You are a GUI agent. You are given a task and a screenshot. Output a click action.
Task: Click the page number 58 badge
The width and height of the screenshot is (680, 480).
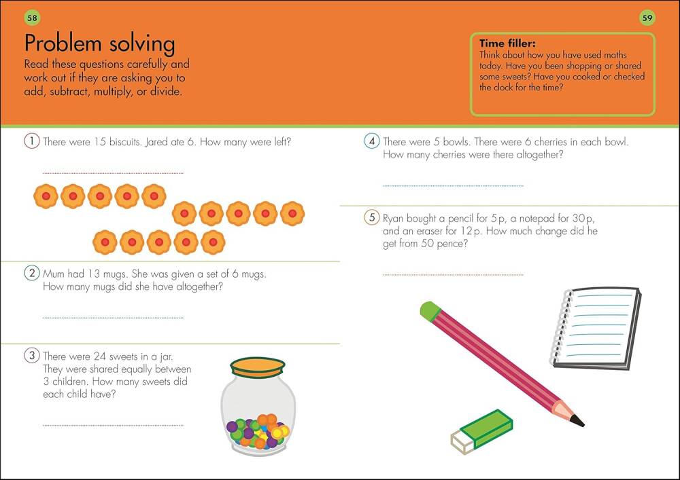pos(32,18)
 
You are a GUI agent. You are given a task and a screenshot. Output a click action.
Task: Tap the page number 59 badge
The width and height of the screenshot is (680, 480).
pos(647,18)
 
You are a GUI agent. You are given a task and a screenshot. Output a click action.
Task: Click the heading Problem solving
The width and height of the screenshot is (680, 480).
pos(100,43)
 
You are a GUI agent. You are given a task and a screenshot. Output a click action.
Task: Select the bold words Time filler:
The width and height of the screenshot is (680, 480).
pos(507,43)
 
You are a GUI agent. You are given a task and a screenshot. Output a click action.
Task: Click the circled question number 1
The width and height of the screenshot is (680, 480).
pos(32,141)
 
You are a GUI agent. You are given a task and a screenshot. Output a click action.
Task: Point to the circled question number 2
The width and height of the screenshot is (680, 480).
pos(32,273)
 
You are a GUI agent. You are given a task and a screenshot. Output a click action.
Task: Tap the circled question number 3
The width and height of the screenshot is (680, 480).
pos(32,356)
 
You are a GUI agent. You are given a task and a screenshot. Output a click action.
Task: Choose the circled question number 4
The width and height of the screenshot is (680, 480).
pos(372,141)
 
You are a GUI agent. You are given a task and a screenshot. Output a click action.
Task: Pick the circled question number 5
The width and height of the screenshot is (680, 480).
pos(372,217)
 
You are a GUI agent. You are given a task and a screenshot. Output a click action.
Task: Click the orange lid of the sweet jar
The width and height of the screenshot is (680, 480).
pos(258,367)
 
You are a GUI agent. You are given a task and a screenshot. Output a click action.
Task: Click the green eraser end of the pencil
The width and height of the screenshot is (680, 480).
pos(430,311)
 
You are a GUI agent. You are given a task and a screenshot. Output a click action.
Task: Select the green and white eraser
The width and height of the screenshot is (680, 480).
pos(481,432)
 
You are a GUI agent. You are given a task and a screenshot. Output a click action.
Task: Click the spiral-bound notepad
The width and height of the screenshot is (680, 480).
pos(595,328)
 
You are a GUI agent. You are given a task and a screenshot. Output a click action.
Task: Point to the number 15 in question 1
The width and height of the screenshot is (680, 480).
pos(100,142)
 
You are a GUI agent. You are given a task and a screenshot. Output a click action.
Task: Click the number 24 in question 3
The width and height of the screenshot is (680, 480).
pos(100,356)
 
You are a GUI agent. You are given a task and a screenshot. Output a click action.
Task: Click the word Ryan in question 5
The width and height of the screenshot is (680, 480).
pos(393,219)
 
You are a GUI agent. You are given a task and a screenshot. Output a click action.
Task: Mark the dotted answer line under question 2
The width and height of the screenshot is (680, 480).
pos(113,318)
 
